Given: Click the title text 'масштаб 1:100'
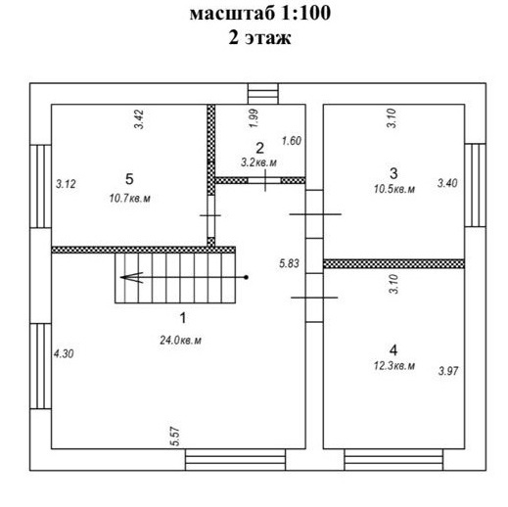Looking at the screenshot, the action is [x=260, y=14].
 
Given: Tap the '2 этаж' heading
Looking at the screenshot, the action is [x=259, y=37].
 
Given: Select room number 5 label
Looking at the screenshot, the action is [x=129, y=179].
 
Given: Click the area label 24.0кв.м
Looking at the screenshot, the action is [x=180, y=341].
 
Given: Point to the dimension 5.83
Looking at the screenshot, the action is [x=289, y=263].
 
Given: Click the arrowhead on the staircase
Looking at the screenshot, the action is [x=131, y=277].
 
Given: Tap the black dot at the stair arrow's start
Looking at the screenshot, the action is [x=247, y=277].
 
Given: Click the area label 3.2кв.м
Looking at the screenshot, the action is [x=258, y=162].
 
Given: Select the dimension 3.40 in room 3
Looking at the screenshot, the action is [x=447, y=183].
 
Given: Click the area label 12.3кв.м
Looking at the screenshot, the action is [x=394, y=366].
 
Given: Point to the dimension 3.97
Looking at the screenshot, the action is [x=448, y=371].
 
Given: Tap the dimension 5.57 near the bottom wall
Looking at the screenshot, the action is [x=175, y=437].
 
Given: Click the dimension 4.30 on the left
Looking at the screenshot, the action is [x=64, y=353].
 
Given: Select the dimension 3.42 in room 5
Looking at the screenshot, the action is [x=139, y=119].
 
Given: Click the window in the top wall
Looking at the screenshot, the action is [x=263, y=94].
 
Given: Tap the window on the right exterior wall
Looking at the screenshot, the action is [x=476, y=185].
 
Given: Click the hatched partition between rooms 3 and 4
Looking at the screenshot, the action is [x=393, y=263].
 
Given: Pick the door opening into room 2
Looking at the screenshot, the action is [x=264, y=180].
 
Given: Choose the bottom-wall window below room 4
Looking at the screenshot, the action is [x=393, y=460].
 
